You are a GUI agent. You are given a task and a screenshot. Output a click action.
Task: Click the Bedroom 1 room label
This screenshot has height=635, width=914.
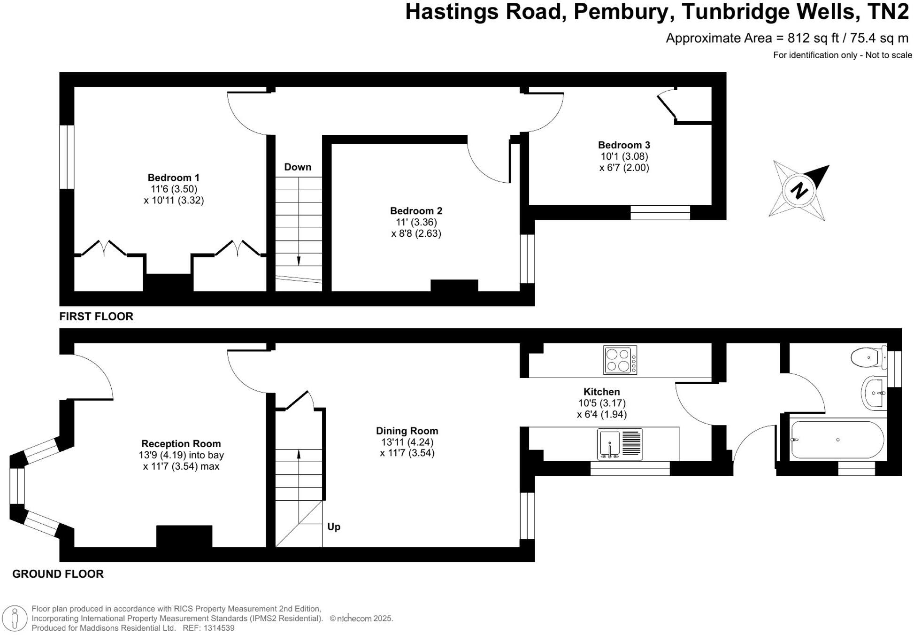[173, 178]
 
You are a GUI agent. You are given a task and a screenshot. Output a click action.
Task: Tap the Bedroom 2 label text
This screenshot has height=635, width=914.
[416, 211]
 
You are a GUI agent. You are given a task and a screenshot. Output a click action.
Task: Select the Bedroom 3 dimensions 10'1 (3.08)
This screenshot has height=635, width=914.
[624, 156]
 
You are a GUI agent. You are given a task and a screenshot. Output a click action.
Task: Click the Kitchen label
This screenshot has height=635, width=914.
[601, 392]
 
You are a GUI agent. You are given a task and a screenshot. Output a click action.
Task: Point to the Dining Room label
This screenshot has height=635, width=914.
[407, 431]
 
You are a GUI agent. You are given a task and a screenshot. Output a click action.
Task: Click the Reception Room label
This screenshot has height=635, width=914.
[181, 443]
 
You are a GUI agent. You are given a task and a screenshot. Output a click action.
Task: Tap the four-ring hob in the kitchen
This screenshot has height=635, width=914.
[620, 360]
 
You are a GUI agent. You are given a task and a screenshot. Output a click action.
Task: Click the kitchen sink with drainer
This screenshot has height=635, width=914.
[620, 444]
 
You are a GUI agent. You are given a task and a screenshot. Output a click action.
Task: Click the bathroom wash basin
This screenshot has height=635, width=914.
[874, 393]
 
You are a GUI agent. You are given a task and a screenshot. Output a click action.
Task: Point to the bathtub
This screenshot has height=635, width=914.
[837, 440]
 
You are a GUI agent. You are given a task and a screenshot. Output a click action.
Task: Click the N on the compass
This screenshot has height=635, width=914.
[799, 191]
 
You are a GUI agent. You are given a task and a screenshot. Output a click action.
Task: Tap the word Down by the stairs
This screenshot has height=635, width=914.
[298, 167]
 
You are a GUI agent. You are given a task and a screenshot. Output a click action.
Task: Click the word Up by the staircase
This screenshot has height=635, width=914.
[334, 527]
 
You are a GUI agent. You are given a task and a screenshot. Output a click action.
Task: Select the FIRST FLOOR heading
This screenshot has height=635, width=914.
[96, 317]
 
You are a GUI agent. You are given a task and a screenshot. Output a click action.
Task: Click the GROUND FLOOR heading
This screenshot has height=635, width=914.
[58, 574]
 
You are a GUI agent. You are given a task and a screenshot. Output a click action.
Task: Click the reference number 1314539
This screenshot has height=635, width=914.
[219, 628]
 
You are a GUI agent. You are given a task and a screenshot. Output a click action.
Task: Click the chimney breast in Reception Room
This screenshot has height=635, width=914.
[184, 536]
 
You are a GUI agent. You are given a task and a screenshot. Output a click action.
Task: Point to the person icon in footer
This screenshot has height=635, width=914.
[15, 618]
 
